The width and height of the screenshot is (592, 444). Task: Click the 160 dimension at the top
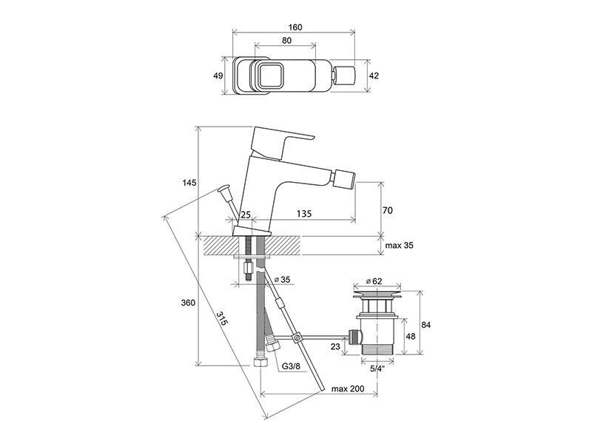pyautogui.click(x=295, y=27)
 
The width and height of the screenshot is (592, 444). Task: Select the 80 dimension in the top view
pyautogui.click(x=287, y=41)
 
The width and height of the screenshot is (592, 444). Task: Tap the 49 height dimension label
pyautogui.click(x=218, y=75)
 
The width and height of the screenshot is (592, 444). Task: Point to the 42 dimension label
pyautogui.click(x=374, y=75)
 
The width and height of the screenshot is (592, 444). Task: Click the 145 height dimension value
pyautogui.click(x=189, y=183)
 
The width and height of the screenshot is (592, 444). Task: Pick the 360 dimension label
pyautogui.click(x=188, y=303)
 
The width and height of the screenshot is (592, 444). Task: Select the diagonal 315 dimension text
pyautogui.click(x=223, y=318)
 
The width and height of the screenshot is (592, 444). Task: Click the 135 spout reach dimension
pyautogui.click(x=304, y=214)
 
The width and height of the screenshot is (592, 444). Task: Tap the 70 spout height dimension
pyautogui.click(x=388, y=210)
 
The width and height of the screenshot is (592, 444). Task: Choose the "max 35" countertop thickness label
pyautogui.click(x=399, y=246)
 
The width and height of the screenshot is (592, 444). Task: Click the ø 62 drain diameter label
pyautogui.click(x=374, y=281)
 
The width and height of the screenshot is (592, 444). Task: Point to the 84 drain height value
pyautogui.click(x=426, y=325)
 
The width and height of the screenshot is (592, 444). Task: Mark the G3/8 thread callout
pyautogui.click(x=291, y=366)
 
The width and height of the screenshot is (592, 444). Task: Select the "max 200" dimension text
pyautogui.click(x=348, y=388)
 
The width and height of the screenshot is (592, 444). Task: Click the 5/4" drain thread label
pyautogui.click(x=377, y=369)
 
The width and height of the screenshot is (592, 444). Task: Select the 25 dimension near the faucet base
pyautogui.click(x=246, y=215)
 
